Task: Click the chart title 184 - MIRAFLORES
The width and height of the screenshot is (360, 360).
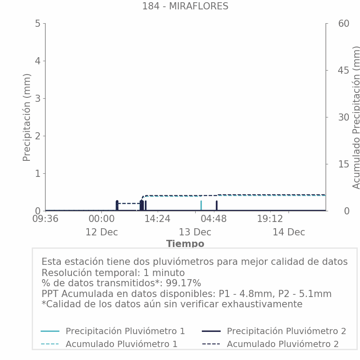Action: (x=185, y=6)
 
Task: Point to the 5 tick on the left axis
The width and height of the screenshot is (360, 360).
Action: (x=38, y=23)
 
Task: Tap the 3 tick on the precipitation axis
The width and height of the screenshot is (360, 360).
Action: (x=38, y=98)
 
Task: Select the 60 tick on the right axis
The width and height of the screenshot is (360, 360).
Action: (x=331, y=23)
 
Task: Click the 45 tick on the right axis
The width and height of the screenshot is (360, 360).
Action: (x=331, y=70)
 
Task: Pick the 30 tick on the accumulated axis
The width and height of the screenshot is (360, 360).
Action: (x=331, y=117)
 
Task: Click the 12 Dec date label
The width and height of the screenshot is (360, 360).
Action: (x=101, y=232)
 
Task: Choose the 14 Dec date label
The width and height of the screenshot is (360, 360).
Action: (x=289, y=232)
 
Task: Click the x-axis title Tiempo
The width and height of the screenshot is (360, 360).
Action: (x=185, y=244)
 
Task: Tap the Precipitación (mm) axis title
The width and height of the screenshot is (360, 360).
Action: (x=27, y=117)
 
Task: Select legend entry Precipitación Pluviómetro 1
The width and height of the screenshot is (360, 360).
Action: (x=125, y=331)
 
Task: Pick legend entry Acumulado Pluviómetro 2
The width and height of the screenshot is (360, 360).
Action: (x=282, y=344)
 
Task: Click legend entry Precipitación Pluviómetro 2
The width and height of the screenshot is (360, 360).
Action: (x=286, y=331)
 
